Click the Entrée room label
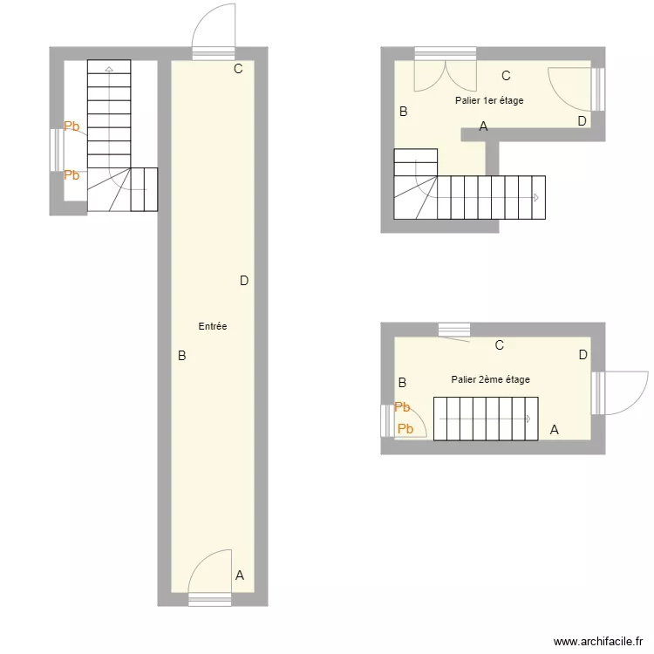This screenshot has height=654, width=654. [x=213, y=326]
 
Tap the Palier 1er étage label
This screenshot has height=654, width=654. [x=489, y=101]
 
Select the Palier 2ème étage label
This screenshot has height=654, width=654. [x=490, y=379]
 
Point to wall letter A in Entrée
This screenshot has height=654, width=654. [x=240, y=575]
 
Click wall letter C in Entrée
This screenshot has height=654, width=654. [x=238, y=70]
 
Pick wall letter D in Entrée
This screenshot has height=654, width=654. [x=244, y=281]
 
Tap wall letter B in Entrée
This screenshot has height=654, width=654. [x=181, y=356]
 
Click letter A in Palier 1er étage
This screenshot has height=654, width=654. [x=483, y=126]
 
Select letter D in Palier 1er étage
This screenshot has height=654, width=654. [x=582, y=121]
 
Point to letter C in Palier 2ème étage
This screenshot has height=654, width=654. [x=500, y=345]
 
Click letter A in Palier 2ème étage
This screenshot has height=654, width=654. [x=554, y=429]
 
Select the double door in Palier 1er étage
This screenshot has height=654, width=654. [x=446, y=75]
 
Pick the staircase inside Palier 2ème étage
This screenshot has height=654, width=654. [x=487, y=419]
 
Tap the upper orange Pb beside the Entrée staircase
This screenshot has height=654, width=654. [x=72, y=126]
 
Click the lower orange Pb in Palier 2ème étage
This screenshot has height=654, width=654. [x=405, y=428]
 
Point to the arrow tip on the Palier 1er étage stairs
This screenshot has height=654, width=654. [x=535, y=198]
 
